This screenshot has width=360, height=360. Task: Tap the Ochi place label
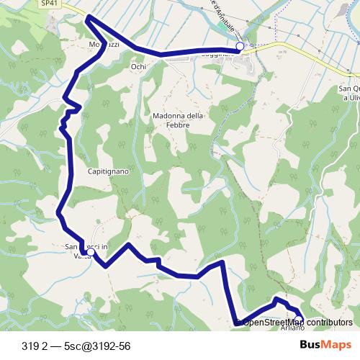coord(138,67)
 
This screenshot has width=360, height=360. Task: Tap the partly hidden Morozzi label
coord(103,45)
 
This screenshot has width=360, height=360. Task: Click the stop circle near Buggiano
coord(240,46)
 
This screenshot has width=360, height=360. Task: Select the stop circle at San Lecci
coord(91,252)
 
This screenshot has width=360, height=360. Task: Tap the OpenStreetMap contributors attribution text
coord(297,323)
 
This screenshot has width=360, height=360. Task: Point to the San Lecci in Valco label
coord(85,253)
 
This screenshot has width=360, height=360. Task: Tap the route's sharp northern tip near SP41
coord(88,18)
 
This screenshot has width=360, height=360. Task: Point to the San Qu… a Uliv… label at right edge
coord(348,94)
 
